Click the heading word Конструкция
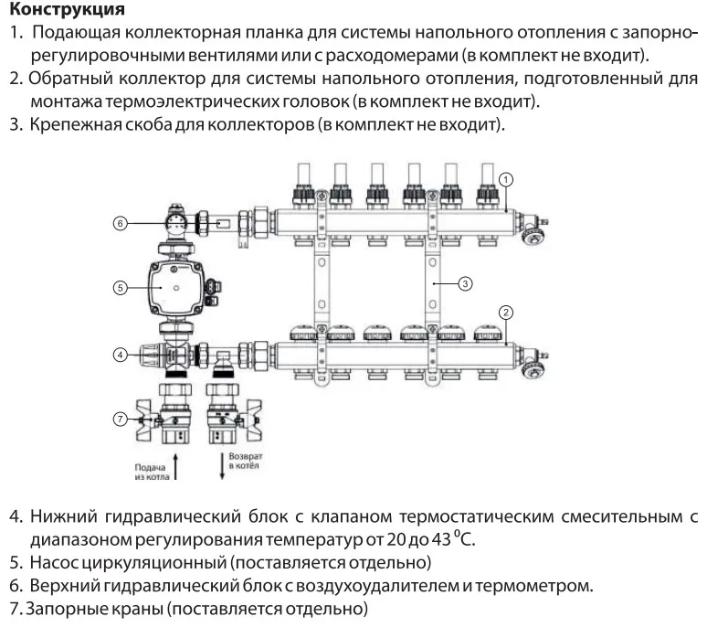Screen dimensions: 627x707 tap(67, 11)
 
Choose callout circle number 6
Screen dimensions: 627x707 tap(121, 222)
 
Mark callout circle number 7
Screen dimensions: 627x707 tap(121, 419)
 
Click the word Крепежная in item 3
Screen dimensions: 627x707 tap(73, 122)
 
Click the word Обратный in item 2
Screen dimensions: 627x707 tap(70, 79)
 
